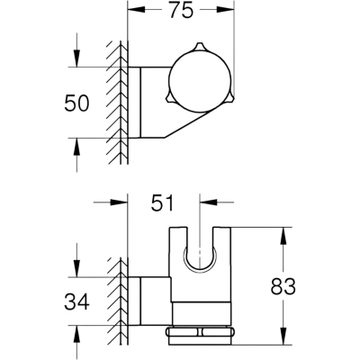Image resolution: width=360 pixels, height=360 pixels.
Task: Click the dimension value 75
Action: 181,10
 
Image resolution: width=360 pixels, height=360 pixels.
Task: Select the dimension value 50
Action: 76,103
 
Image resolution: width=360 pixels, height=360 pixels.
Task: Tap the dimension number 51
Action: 162,202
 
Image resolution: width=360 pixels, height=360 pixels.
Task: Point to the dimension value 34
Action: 76,301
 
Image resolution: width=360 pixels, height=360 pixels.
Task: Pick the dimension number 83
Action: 283,286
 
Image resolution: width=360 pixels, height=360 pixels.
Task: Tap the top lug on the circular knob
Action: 200,48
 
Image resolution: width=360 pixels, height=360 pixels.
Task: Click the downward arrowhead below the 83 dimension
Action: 283,335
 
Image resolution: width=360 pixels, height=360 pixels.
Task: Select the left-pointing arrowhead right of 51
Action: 209,202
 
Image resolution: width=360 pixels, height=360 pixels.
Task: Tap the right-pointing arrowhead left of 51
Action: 119,202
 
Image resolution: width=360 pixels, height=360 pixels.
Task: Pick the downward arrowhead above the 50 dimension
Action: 77,58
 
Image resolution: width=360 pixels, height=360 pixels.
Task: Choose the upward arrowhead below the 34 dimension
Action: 77,334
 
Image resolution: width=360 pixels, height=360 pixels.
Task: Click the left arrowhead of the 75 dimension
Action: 137,9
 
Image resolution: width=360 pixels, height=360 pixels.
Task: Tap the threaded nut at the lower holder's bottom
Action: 200,336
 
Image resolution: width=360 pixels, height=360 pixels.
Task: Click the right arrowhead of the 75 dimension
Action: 225,9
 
